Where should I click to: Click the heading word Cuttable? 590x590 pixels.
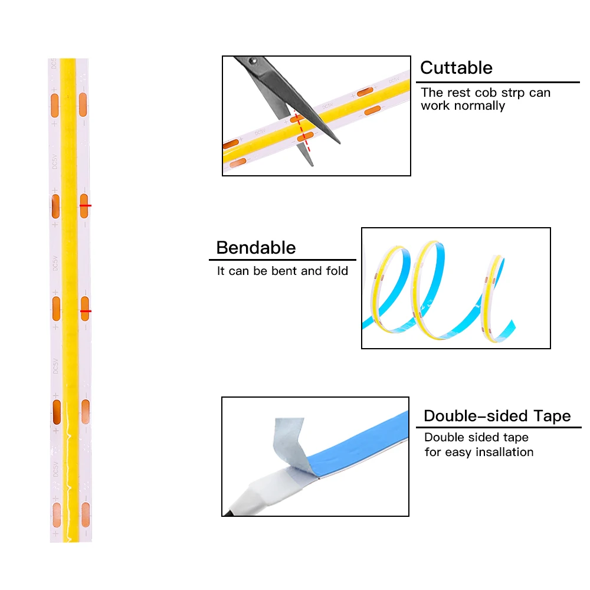pyautogui.click(x=456, y=68)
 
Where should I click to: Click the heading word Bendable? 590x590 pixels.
pyautogui.click(x=255, y=247)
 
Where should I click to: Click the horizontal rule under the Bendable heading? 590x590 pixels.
pyautogui.click(x=283, y=260)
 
